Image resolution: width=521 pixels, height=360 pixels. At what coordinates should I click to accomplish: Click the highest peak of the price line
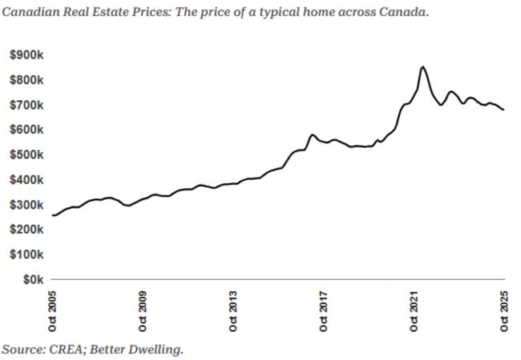[422, 66]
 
